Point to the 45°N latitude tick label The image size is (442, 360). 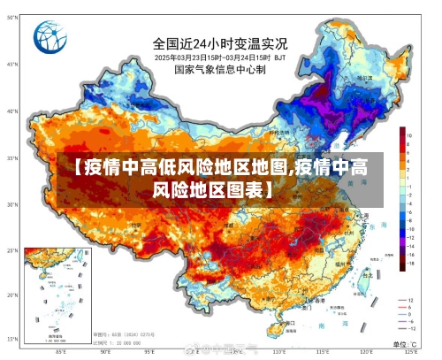click(x=12, y=65)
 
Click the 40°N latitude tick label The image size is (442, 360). click(x=12, y=111)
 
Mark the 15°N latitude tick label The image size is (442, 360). click(x=12, y=337)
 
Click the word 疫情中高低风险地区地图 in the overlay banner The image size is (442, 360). click(x=185, y=167)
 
